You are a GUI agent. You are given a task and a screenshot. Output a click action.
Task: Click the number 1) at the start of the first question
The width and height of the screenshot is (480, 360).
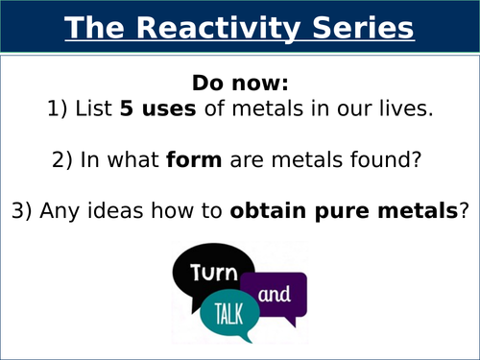click(x=60, y=109)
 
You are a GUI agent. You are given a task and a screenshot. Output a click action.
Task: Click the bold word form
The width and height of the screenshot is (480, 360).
click(x=219, y=161)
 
